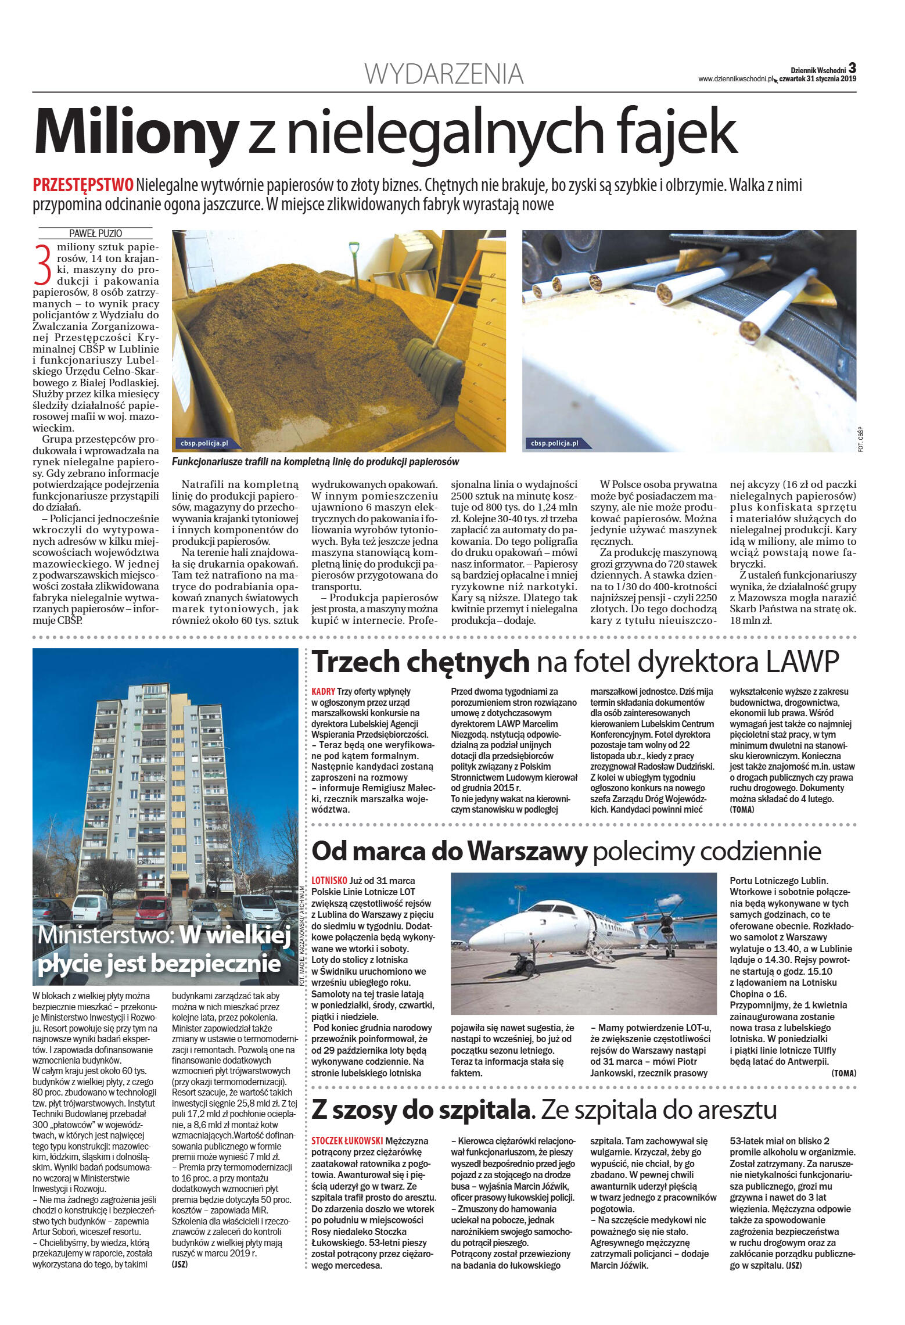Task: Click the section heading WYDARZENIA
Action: [444, 74]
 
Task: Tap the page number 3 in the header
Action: [852, 67]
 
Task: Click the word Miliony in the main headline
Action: [137, 132]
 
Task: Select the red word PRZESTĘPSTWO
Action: [83, 185]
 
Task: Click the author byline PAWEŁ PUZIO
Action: [95, 234]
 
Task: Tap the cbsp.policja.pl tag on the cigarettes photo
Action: [554, 443]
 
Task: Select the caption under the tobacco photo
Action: [315, 462]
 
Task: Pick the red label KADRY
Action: [323, 691]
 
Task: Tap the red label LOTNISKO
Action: [329, 881]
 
